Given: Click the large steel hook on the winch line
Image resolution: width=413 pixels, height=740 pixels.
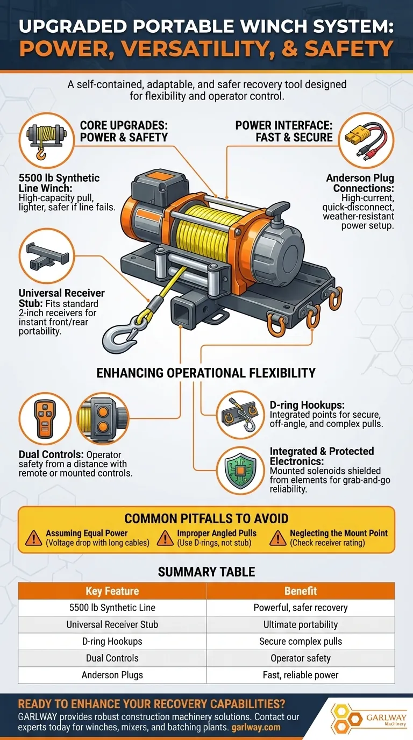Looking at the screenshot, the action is click(x=116, y=337).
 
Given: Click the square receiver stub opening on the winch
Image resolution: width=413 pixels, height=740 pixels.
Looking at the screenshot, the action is click(x=181, y=312).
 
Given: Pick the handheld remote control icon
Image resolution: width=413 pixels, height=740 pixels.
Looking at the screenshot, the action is click(x=45, y=419).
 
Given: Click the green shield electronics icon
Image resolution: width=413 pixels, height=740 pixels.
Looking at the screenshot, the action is click(x=240, y=470).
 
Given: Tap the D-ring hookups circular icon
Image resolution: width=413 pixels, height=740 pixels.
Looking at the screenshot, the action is click(x=240, y=415).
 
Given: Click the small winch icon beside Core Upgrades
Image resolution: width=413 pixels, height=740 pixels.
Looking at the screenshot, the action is click(x=47, y=140).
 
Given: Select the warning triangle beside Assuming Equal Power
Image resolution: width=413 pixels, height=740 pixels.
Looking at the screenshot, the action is click(x=34, y=538).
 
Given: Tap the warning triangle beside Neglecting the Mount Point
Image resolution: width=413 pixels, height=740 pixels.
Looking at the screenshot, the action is click(x=278, y=538).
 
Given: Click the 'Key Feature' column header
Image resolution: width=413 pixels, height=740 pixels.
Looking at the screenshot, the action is click(x=112, y=590).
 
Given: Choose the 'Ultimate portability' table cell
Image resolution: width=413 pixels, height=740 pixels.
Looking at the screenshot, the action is click(x=301, y=624).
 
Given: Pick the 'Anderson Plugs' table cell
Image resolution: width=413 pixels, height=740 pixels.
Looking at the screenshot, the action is click(x=112, y=675).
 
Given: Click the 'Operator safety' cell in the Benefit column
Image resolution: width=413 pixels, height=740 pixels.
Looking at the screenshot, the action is click(x=301, y=658).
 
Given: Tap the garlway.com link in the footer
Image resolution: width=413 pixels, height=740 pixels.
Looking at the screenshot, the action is click(x=256, y=727).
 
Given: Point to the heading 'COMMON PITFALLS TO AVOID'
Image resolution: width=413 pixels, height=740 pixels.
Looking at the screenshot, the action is click(x=206, y=518).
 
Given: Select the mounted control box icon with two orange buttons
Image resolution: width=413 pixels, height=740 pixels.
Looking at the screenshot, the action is click(x=103, y=419).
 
